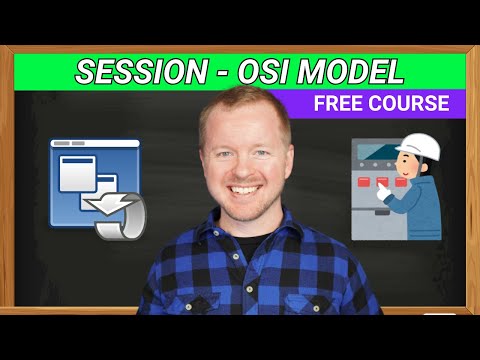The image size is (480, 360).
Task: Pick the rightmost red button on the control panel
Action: click(x=399, y=183)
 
